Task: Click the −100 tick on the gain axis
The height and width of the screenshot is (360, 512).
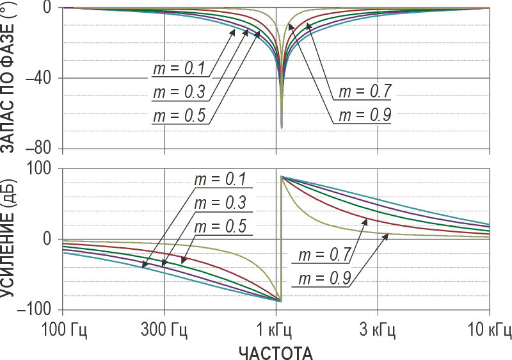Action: (x=40, y=309)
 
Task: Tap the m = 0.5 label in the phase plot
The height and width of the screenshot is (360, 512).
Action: (x=179, y=117)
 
